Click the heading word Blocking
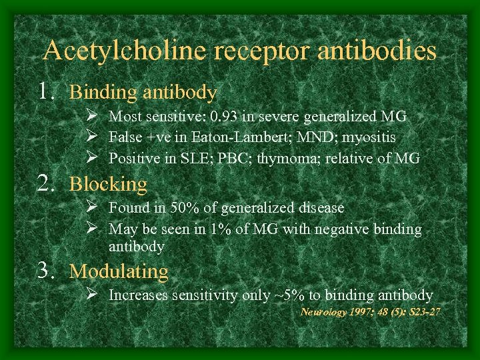pos(109,184)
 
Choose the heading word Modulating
pos(119,271)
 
